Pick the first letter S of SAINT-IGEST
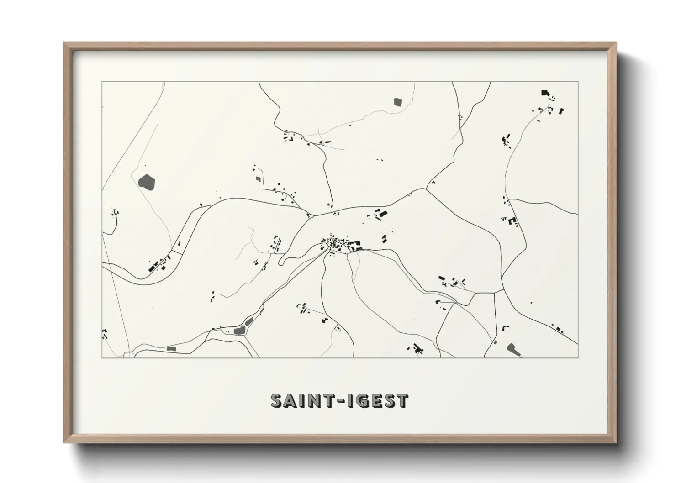click(278, 401)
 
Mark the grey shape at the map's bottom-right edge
click(512, 349)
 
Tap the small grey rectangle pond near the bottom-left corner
click(172, 349)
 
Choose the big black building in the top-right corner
click(544, 93)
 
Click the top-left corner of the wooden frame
click(64, 43)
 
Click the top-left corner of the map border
click(102, 82)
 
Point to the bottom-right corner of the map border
click(578, 357)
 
